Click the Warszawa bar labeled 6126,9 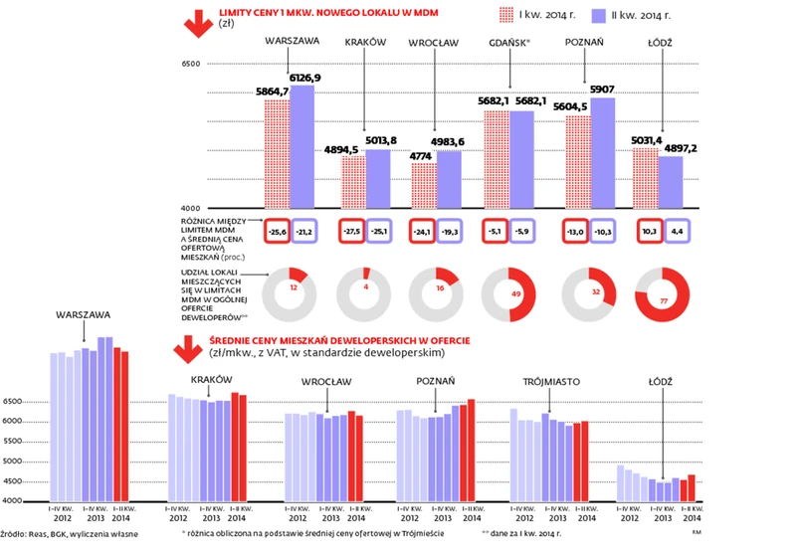click(x=301, y=147)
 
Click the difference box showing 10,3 click(x=649, y=230)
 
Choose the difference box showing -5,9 click(x=526, y=230)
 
